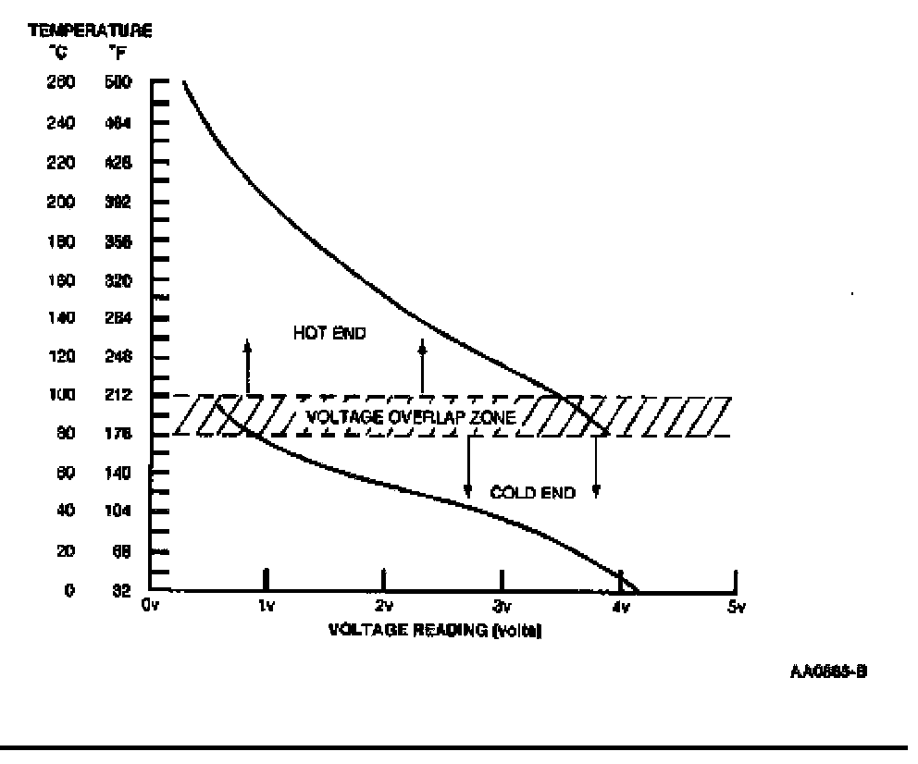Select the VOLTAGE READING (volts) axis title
(434, 631)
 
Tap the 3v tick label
(501, 607)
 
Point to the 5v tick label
(736, 607)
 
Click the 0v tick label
(151, 607)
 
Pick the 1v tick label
(267, 607)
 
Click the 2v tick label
(383, 607)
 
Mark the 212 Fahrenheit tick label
(121, 395)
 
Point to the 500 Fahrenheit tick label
(121, 82)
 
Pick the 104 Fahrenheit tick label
(121, 511)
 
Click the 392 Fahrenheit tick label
(121, 201)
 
